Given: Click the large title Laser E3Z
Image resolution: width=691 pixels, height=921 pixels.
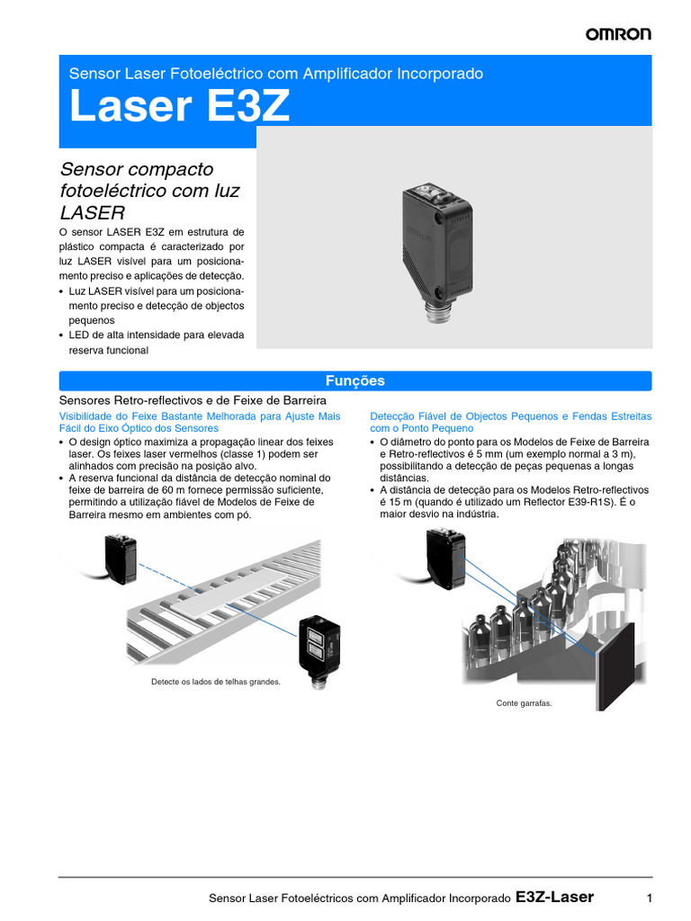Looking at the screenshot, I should [x=180, y=107].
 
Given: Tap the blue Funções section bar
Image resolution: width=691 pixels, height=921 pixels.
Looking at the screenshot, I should [x=355, y=380].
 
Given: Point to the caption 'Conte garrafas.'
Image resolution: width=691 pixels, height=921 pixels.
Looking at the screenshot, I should [x=524, y=703].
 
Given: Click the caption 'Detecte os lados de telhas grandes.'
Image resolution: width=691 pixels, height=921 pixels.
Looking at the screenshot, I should [x=216, y=682].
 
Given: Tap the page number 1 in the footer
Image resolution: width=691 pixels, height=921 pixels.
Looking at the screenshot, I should [x=649, y=898].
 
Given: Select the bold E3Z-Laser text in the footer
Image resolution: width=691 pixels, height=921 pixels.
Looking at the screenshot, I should [x=554, y=897].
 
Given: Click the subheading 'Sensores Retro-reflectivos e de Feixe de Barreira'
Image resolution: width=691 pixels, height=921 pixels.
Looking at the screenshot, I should [x=192, y=399].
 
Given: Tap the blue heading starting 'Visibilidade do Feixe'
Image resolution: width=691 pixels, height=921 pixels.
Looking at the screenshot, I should [x=200, y=423].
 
